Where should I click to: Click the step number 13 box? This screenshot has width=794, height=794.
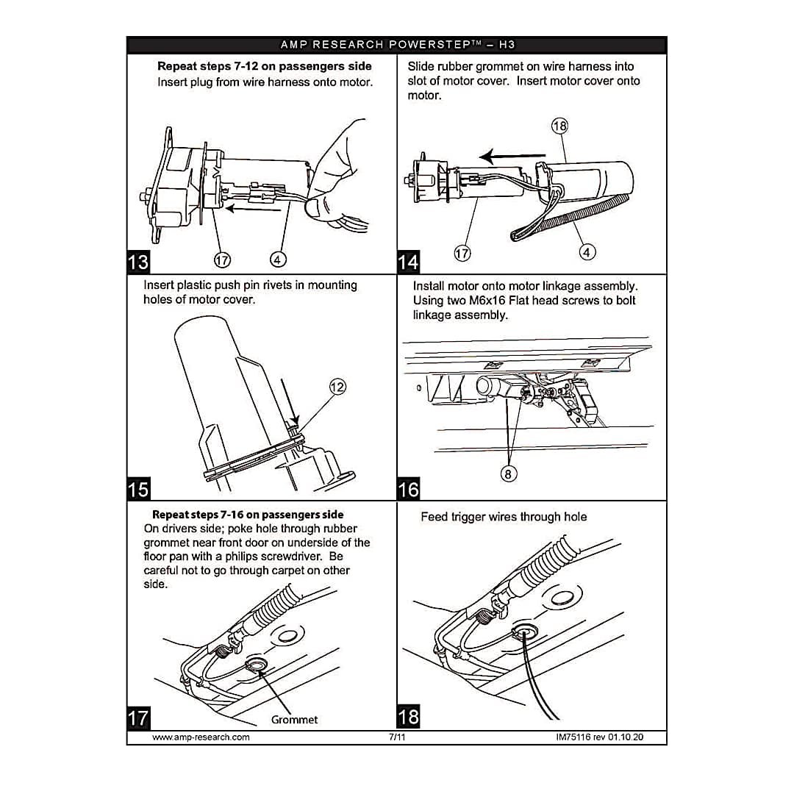(138, 262)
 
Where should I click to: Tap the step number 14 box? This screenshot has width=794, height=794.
(408, 262)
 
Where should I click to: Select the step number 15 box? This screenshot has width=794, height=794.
(138, 489)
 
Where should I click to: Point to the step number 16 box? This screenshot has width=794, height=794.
(408, 489)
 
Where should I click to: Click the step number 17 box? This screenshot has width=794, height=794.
(138, 718)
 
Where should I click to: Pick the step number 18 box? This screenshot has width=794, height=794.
(408, 717)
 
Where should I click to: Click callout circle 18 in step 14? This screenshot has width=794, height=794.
(559, 126)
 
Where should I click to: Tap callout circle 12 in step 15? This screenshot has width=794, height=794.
(337, 387)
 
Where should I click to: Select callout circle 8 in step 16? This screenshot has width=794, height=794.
(509, 474)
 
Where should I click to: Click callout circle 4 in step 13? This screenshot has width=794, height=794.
(277, 260)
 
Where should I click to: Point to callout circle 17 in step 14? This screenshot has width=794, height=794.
(462, 253)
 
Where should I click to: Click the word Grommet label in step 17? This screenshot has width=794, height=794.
(294, 720)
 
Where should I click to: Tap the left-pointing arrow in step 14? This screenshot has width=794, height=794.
(512, 156)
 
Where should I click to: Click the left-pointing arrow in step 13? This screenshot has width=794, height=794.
(253, 208)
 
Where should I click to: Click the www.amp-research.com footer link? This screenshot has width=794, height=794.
(201, 737)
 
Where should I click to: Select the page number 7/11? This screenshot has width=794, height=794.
(397, 737)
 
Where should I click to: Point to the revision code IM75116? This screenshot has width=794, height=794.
(573, 737)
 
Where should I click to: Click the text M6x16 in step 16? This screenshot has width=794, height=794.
(487, 300)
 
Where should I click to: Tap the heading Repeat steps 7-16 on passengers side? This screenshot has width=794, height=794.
(248, 515)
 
